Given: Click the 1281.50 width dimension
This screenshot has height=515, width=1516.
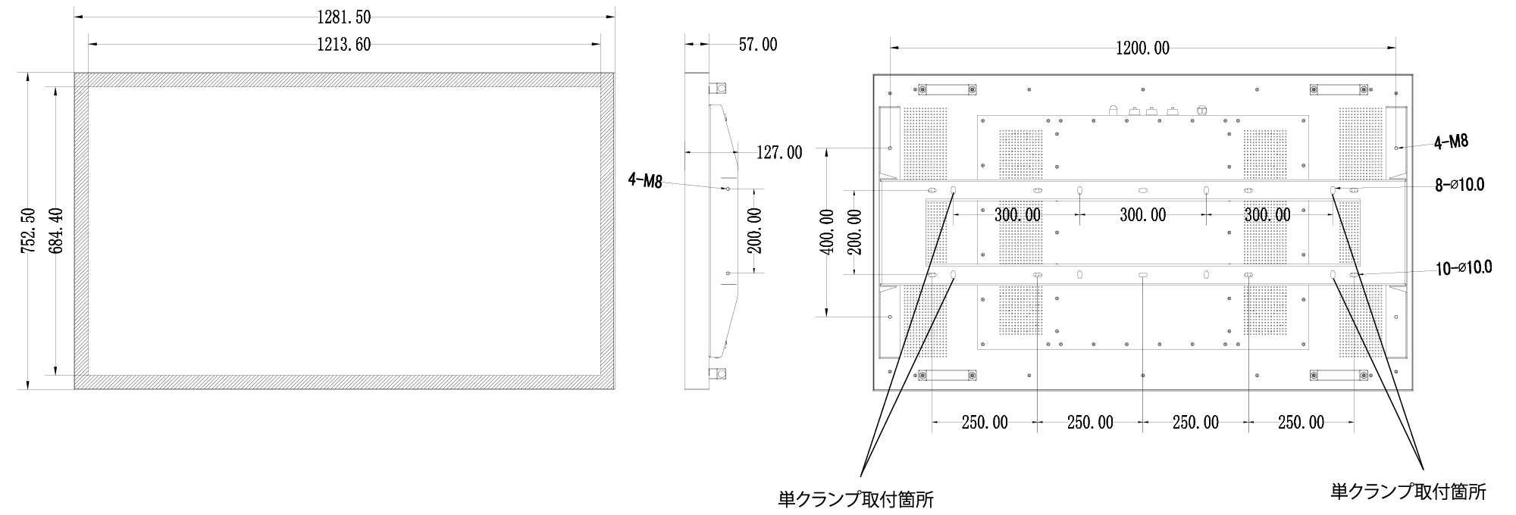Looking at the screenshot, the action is point(343,17).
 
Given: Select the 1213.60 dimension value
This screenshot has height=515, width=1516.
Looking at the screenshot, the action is point(343,45).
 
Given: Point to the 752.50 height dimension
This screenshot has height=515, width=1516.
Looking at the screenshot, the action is point(29,230).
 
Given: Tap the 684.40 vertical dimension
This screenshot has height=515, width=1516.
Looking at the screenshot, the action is point(55,230).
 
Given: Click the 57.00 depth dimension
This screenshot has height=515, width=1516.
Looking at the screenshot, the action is point(757,45).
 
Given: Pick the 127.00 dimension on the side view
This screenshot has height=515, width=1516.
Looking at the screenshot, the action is point(779,153).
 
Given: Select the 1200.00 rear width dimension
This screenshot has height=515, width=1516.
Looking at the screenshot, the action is point(1142,49).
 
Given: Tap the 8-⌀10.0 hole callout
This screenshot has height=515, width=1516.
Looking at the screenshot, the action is point(1459,185).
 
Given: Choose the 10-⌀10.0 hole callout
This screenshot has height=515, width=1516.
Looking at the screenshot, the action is point(1463,267).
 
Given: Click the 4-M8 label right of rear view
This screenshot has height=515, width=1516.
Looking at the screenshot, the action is point(1451,142).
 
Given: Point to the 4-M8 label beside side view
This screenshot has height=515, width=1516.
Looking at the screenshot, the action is point(644,180).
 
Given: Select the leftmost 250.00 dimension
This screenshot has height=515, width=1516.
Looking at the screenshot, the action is point(985,423).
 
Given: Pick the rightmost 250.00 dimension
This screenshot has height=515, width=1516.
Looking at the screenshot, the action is point(1301,423).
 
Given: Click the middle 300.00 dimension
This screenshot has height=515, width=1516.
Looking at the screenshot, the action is point(1143,215).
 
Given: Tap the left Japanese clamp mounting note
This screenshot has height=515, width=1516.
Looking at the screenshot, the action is point(856,500).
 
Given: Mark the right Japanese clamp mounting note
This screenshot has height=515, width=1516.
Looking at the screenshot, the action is point(1408,492).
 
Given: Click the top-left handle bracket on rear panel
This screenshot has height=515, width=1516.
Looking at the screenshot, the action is point(947,89).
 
